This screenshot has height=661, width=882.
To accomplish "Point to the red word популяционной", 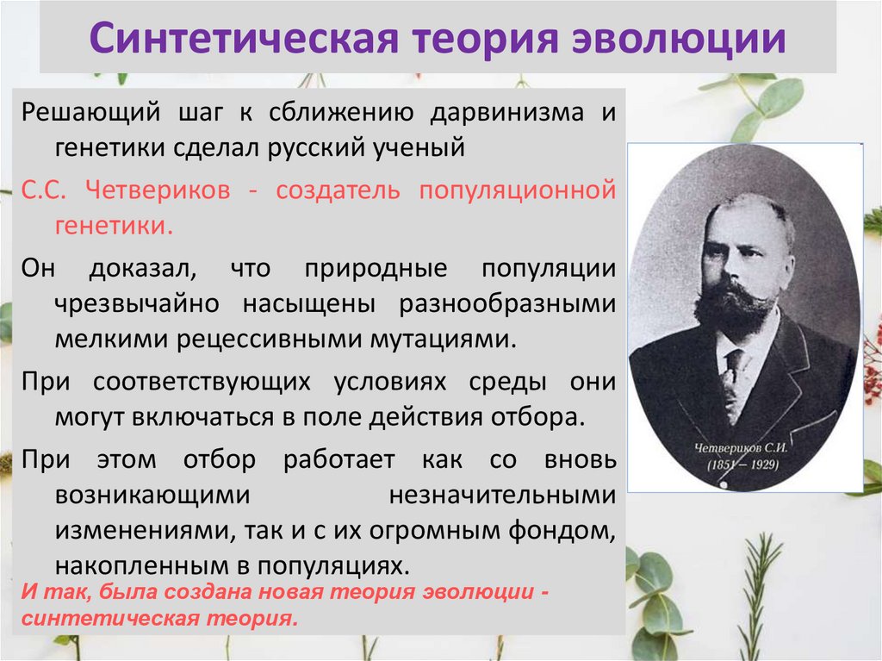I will (x=517, y=190).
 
